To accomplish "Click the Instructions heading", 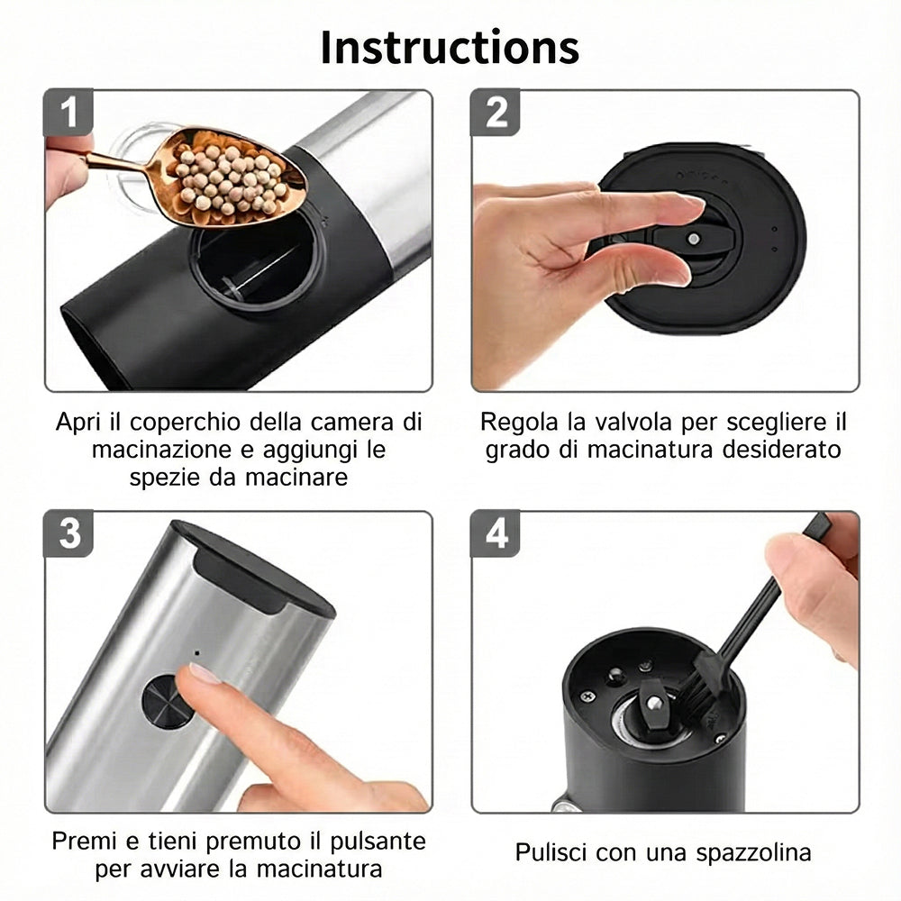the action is pos(450,47).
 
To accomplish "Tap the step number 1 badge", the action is pos(68,112).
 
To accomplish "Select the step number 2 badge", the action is pos(496,112).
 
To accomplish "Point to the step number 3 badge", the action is pos(68,533).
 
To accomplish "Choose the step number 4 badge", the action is pos(496,533).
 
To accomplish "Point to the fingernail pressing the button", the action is pos(204,673).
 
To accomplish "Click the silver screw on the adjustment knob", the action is pos(694,239).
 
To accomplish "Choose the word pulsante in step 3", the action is pos(378,842).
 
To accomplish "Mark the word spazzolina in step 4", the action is pos(753,853).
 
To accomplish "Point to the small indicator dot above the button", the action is pos(197,653).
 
